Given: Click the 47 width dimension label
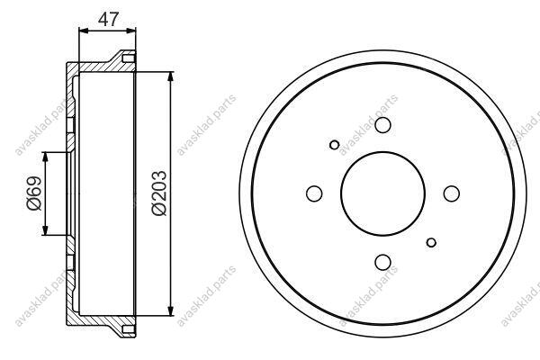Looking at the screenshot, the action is click(108, 19).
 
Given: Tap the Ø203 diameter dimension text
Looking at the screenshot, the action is click(159, 193).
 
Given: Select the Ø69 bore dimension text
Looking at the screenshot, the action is click(34, 193).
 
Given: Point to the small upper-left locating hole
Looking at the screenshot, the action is click(334, 145).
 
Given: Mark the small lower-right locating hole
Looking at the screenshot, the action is click(431, 242).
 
